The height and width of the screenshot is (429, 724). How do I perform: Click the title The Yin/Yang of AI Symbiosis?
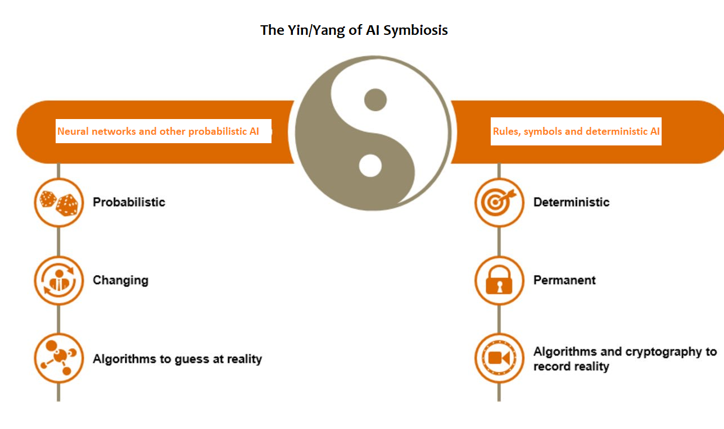tap(354, 30)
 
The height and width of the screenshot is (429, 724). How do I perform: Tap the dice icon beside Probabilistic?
tap(58, 202)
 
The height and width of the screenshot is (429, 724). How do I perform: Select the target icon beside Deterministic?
tap(499, 202)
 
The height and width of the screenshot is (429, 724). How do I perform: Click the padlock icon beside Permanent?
tap(499, 280)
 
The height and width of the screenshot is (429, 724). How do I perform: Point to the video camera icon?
tap(499, 358)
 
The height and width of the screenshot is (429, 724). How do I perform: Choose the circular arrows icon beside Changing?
tap(58, 280)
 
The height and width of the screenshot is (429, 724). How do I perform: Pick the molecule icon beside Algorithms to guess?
tap(58, 358)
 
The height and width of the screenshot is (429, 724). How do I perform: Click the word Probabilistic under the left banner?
tap(129, 202)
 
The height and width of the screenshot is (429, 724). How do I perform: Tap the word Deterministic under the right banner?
tap(571, 202)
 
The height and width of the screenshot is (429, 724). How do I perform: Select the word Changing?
tap(120, 280)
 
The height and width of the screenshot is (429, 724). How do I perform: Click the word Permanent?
tap(564, 280)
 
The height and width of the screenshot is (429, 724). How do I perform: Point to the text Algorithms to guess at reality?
tap(177, 359)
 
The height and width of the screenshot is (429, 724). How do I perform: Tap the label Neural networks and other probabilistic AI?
tap(158, 131)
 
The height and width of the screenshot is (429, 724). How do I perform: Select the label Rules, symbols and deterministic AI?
tap(576, 131)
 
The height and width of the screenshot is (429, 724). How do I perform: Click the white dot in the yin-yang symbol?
tap(370, 166)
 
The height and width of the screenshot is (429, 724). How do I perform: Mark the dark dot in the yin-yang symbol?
tap(375, 100)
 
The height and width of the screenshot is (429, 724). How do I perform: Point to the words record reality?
tap(571, 367)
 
